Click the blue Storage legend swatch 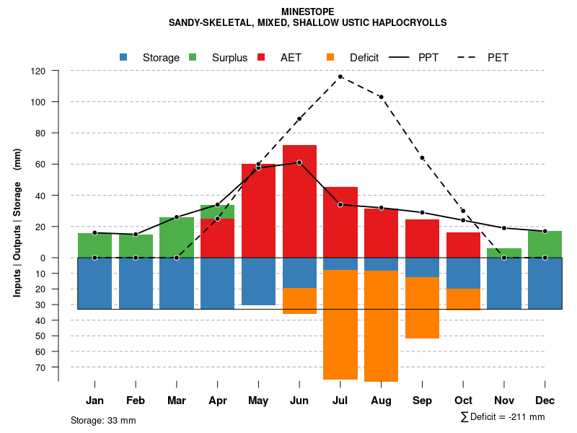[x=123, y=57]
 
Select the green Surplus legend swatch [x=193, y=57]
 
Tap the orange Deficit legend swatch [x=330, y=57]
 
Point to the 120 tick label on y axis [x=38, y=71]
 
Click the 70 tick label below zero [x=40, y=367]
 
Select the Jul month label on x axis [x=340, y=401]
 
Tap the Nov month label [x=504, y=401]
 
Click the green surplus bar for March [x=177, y=237]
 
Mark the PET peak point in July [x=340, y=76]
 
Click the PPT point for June [x=299, y=162]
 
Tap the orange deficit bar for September [x=422, y=307]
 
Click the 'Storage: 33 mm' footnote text [x=103, y=420]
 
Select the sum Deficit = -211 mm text [x=503, y=417]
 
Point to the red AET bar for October [x=463, y=245]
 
